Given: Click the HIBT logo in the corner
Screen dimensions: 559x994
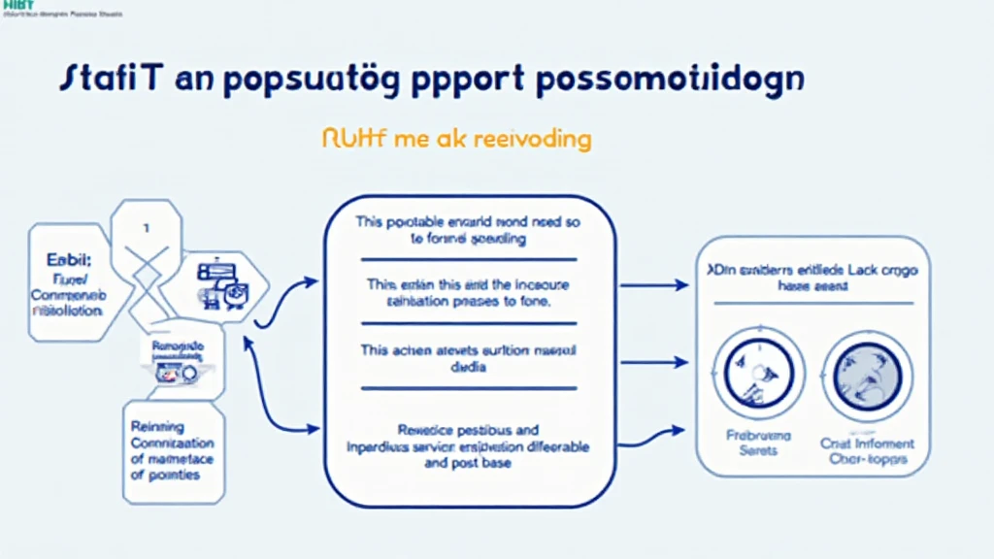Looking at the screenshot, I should click(17, 7).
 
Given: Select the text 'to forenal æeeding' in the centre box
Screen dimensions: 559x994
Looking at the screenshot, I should click(469, 238).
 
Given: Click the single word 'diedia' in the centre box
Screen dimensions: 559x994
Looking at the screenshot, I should click(469, 368).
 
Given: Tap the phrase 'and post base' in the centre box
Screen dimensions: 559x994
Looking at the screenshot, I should click(469, 464).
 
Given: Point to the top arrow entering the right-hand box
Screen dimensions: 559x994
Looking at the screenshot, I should click(654, 285).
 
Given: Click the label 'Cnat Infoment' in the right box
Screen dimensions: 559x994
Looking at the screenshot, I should click(868, 444).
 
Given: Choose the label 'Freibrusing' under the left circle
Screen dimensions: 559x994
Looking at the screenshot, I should click(752, 436).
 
